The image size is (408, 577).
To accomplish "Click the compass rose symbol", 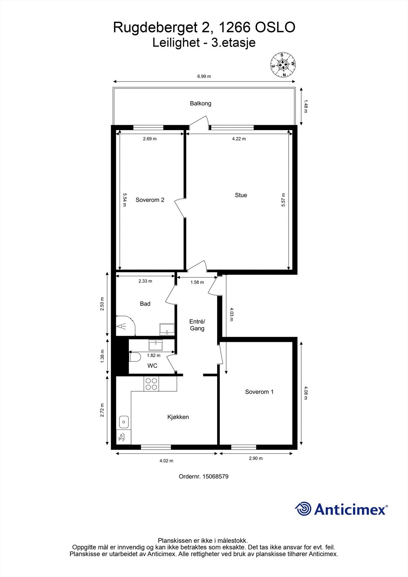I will [x=283, y=65].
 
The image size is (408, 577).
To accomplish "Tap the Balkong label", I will [x=201, y=103].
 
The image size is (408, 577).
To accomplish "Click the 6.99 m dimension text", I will [x=204, y=76].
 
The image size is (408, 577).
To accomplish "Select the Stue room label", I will [x=241, y=195].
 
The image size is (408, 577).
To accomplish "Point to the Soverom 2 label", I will [x=150, y=200].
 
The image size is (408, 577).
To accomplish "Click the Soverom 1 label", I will [x=259, y=392].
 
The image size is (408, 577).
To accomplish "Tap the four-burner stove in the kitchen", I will [x=151, y=384].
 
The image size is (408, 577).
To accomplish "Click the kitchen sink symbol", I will [x=124, y=421].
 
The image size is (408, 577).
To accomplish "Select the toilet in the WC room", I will [x=135, y=357].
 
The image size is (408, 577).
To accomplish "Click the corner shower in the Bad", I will [x=124, y=325].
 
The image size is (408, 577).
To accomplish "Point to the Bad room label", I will [x=145, y=304].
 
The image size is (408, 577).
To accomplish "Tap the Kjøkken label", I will [x=178, y=417].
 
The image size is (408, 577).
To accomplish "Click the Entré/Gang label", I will [x=197, y=325].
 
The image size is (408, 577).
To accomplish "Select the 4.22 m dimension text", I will [x=239, y=139].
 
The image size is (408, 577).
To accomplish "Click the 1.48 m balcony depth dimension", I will [x=306, y=106].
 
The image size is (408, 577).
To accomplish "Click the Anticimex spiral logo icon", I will [x=303, y=509].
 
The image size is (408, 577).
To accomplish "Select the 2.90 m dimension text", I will [x=256, y=459].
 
